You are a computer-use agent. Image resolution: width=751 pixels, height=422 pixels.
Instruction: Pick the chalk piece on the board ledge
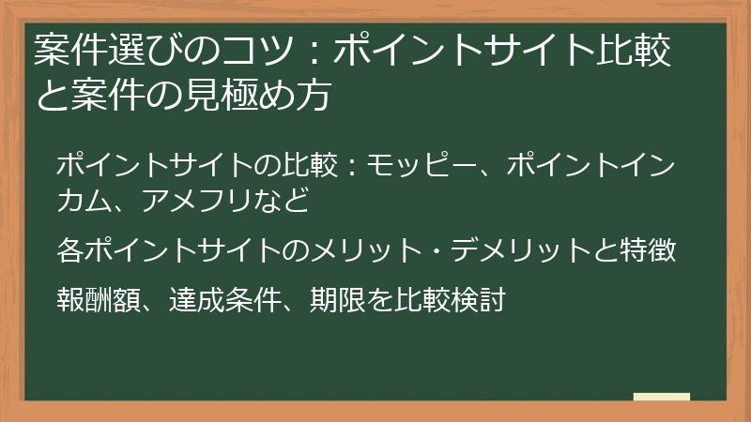coord(661,397)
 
